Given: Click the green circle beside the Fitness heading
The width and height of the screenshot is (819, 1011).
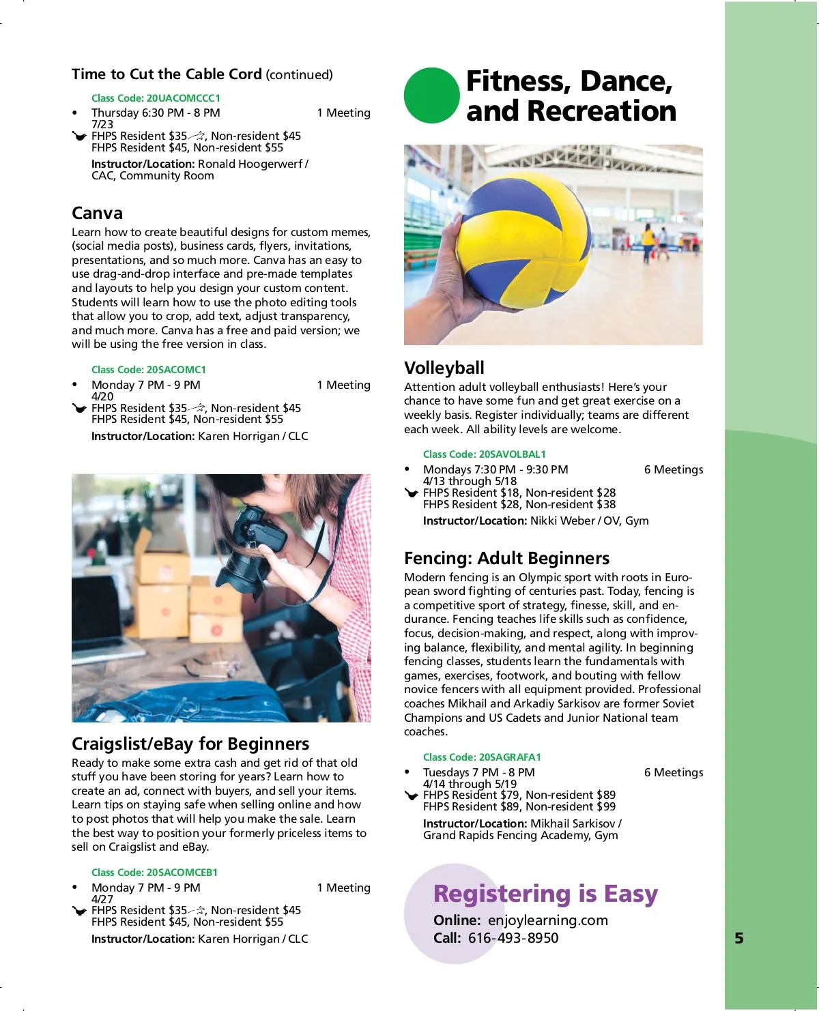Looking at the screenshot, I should click(431, 96).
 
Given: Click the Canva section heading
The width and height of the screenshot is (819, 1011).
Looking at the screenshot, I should click(97, 214).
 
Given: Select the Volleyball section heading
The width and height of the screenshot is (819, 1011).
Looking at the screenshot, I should click(444, 368).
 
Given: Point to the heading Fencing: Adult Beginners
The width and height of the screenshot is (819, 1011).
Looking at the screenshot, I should click(506, 558).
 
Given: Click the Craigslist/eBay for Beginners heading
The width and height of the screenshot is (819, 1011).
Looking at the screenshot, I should click(190, 744).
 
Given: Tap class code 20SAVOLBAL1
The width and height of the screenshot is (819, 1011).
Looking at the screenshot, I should click(485, 454).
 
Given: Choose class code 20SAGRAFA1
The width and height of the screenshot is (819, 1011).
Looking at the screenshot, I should click(482, 757).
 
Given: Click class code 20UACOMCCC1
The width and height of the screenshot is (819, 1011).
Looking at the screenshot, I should click(156, 98).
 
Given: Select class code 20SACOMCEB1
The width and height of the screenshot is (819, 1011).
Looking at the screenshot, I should click(154, 873).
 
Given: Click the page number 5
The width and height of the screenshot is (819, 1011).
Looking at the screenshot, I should click(739, 938).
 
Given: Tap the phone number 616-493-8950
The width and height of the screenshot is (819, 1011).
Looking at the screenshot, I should click(513, 938).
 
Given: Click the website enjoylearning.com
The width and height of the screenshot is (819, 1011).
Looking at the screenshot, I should click(547, 920).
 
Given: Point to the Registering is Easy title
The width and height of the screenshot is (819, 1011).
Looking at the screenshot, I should click(545, 894).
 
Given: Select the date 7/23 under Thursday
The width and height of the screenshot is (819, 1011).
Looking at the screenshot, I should click(102, 124).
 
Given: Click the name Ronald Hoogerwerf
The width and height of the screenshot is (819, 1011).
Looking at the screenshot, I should click(250, 164).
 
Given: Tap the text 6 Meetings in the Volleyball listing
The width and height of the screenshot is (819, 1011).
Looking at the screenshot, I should click(673, 469).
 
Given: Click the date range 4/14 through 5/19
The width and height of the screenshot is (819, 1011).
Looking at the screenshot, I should click(470, 784).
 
